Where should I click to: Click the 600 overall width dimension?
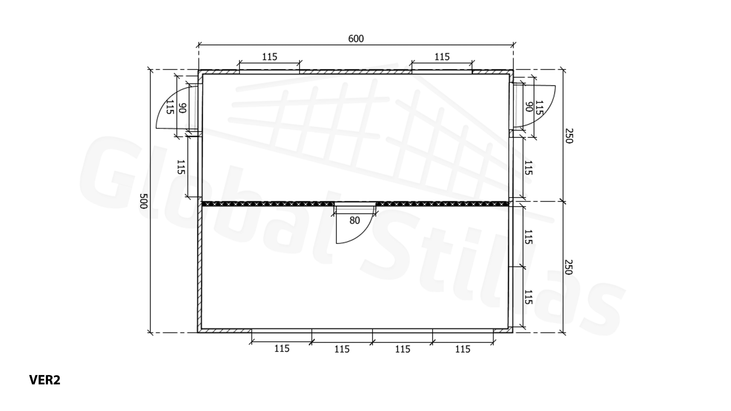tap(356, 39)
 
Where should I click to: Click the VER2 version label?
tap(45, 380)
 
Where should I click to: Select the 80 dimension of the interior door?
tap(354, 220)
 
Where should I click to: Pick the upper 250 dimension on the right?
tap(569, 136)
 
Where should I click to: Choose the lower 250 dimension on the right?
tap(568, 267)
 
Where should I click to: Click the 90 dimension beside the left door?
tap(182, 108)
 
